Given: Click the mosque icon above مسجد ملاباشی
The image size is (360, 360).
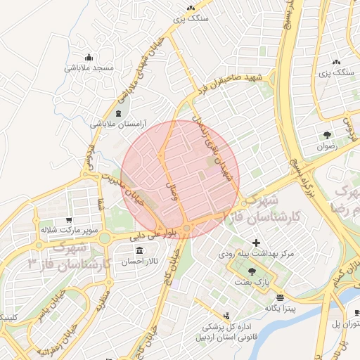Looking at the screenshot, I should point(88,58).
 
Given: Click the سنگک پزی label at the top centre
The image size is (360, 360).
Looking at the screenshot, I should point(193,19).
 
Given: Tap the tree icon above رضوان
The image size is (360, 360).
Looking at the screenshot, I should point(327,135).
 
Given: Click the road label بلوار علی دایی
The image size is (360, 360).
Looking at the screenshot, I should point(156,233).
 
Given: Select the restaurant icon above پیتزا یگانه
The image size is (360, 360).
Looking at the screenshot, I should point(281,297).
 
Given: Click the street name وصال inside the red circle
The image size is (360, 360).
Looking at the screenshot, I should point(169,189).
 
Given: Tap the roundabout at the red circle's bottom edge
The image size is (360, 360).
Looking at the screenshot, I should point(187,229).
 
